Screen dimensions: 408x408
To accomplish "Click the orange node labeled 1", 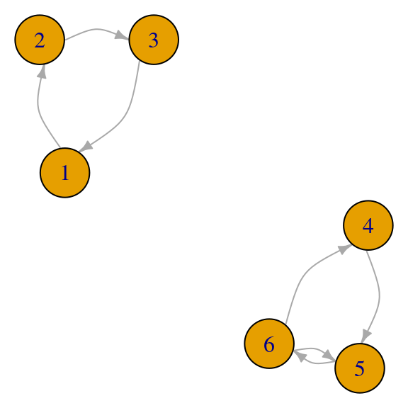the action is click(64, 173).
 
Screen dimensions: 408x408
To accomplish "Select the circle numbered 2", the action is click(40, 40).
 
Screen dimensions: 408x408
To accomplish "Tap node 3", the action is click(154, 40).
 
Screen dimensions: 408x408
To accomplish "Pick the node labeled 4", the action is click(368, 225).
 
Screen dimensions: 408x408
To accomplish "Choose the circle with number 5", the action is click(360, 368).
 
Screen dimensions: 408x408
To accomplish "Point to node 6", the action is click(269, 344).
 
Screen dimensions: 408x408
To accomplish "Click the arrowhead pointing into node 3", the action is click(122, 35).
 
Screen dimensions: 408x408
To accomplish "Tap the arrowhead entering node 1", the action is click(86, 146).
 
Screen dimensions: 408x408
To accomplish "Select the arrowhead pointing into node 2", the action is click(42, 72).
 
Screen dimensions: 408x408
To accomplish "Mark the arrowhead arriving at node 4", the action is click(345, 249).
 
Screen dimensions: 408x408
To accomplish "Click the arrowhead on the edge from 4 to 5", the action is click(365, 336).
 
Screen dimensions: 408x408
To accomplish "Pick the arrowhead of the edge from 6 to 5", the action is click(329, 356).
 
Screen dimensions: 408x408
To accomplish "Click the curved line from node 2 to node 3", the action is click(96, 29).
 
